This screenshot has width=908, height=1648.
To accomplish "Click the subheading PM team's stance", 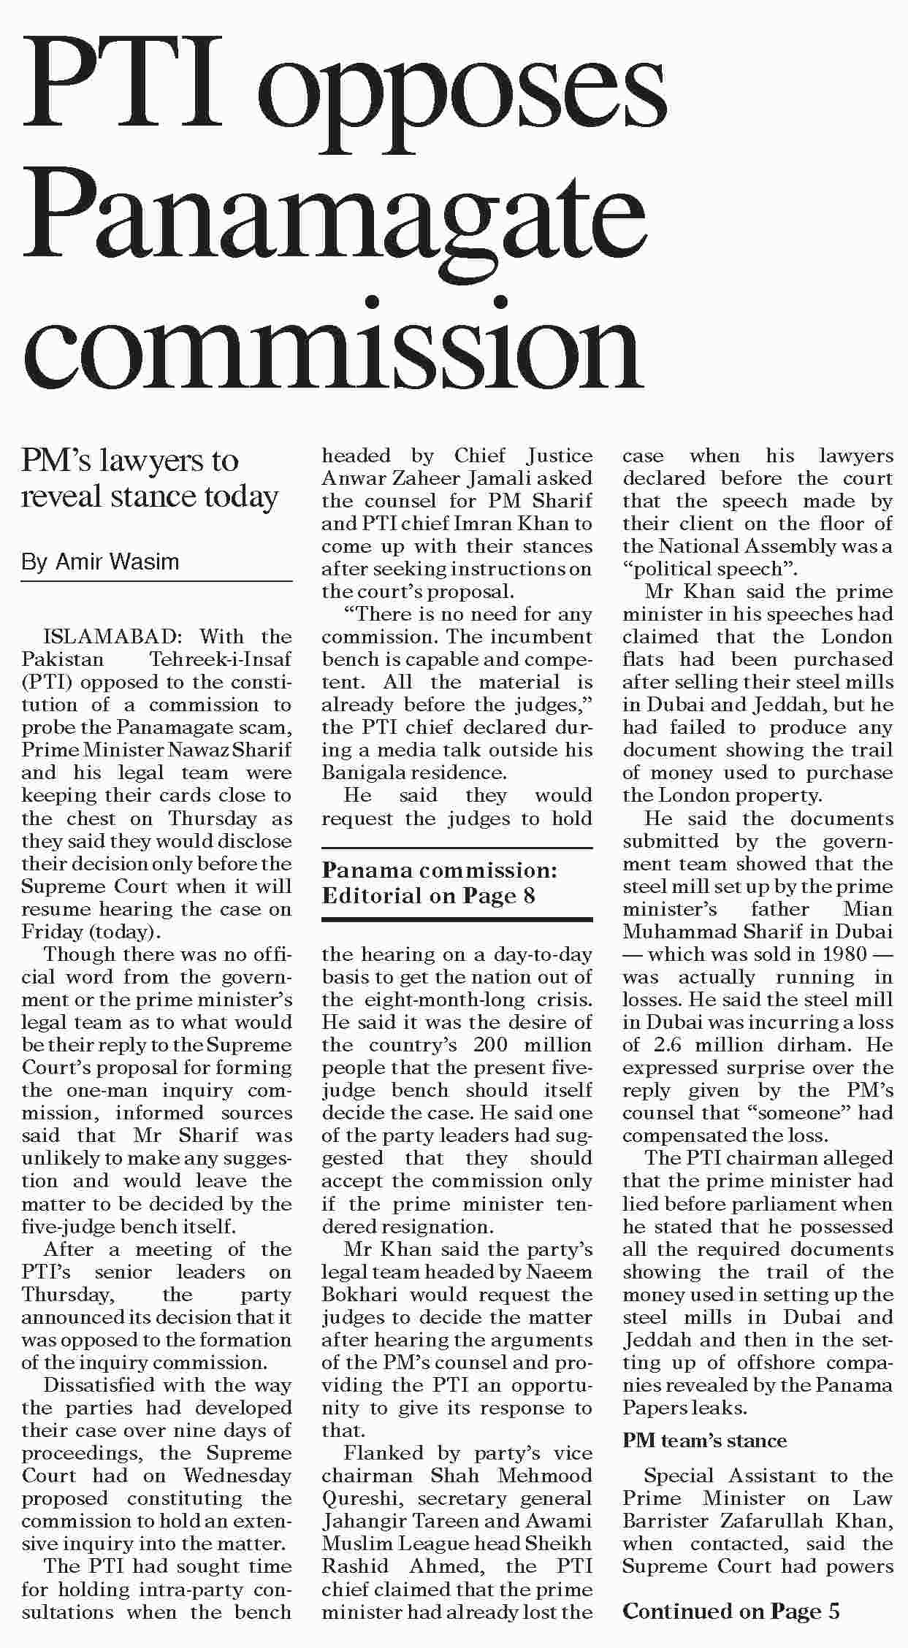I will [x=704, y=1441].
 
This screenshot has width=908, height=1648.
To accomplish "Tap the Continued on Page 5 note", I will [x=730, y=1611].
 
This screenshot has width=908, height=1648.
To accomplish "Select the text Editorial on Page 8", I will [x=428, y=895].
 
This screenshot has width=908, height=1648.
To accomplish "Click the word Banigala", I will [x=359, y=773].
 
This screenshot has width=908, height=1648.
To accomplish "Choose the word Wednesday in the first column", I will [x=237, y=1476].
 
